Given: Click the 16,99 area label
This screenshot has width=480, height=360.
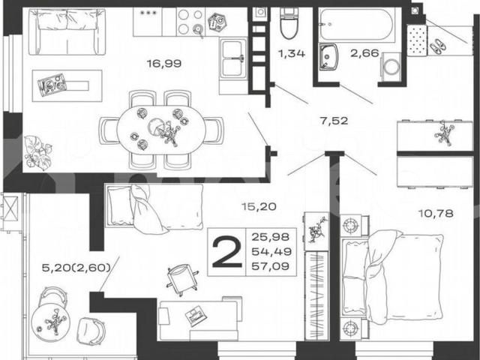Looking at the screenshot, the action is tap(164, 64).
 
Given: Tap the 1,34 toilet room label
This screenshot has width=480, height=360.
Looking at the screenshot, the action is tap(292, 53).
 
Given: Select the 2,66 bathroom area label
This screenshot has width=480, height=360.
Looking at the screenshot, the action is tap(365, 53).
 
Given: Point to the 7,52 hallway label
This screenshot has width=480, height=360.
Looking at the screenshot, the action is tap(334, 121).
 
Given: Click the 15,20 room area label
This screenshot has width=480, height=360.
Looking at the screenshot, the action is tap(259, 207).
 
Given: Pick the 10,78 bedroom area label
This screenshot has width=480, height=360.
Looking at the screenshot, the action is tap(436, 213).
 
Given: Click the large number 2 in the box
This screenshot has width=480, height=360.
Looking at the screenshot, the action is tap(226, 252).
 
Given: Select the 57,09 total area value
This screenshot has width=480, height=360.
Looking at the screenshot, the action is tap(271, 266).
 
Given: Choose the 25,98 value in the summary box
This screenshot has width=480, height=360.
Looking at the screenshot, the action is tap(271, 237).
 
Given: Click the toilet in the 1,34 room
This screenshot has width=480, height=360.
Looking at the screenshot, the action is tap(289, 23).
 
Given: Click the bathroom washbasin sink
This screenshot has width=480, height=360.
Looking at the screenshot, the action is tap(328, 57).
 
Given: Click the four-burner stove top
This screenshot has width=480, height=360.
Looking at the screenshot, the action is tap(190, 22).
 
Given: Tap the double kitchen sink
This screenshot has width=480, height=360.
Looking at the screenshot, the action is tap(233, 58).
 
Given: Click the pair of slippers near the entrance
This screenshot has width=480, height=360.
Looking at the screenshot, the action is tap(437, 46).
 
